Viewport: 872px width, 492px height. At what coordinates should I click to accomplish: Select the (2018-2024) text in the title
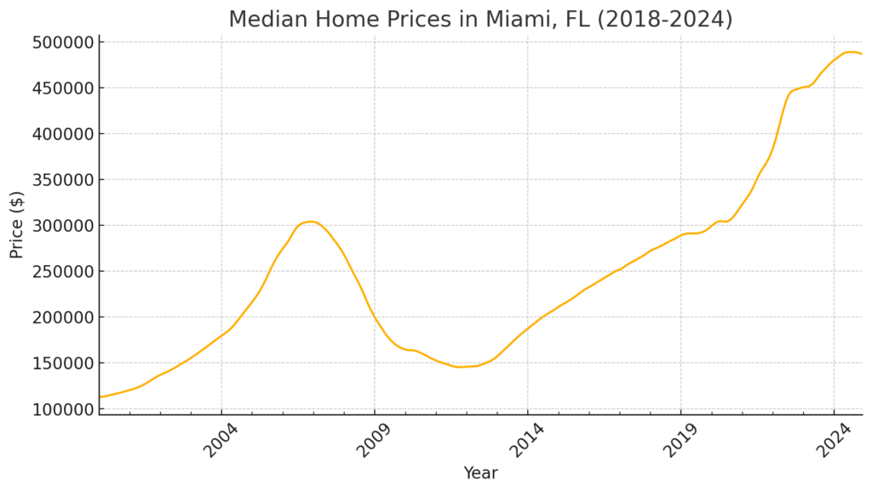pyautogui.click(x=666, y=20)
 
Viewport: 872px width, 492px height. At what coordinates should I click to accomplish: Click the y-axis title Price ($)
pyautogui.click(x=17, y=225)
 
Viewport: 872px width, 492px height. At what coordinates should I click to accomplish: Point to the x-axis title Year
pyautogui.click(x=480, y=473)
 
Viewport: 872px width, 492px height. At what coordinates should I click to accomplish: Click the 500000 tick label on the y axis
pyautogui.click(x=61, y=43)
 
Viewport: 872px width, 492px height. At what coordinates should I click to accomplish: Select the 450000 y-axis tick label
pyautogui.click(x=61, y=88)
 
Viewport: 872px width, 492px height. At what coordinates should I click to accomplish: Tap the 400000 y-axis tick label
pyautogui.click(x=61, y=134)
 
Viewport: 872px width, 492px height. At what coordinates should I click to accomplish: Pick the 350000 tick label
pyautogui.click(x=61, y=180)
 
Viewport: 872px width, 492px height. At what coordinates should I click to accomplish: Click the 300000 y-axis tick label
pyautogui.click(x=61, y=225)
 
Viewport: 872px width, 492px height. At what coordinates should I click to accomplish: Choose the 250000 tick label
pyautogui.click(x=61, y=272)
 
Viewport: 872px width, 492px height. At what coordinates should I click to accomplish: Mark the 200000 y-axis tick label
pyautogui.click(x=61, y=317)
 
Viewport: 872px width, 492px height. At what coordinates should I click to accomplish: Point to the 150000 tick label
pyautogui.click(x=61, y=363)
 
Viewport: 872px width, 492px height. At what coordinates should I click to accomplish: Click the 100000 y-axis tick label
pyautogui.click(x=61, y=409)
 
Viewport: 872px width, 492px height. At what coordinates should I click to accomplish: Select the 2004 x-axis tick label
pyautogui.click(x=221, y=440)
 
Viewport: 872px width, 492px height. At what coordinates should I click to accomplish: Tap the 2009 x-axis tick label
pyautogui.click(x=373, y=440)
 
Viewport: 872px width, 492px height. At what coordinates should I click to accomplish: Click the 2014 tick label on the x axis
pyautogui.click(x=526, y=440)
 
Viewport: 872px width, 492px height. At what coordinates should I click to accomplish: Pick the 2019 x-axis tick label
pyautogui.click(x=680, y=440)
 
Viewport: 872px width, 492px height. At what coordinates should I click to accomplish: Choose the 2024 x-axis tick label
pyautogui.click(x=833, y=440)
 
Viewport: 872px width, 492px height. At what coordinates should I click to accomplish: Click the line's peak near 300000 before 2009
pyautogui.click(x=311, y=222)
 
